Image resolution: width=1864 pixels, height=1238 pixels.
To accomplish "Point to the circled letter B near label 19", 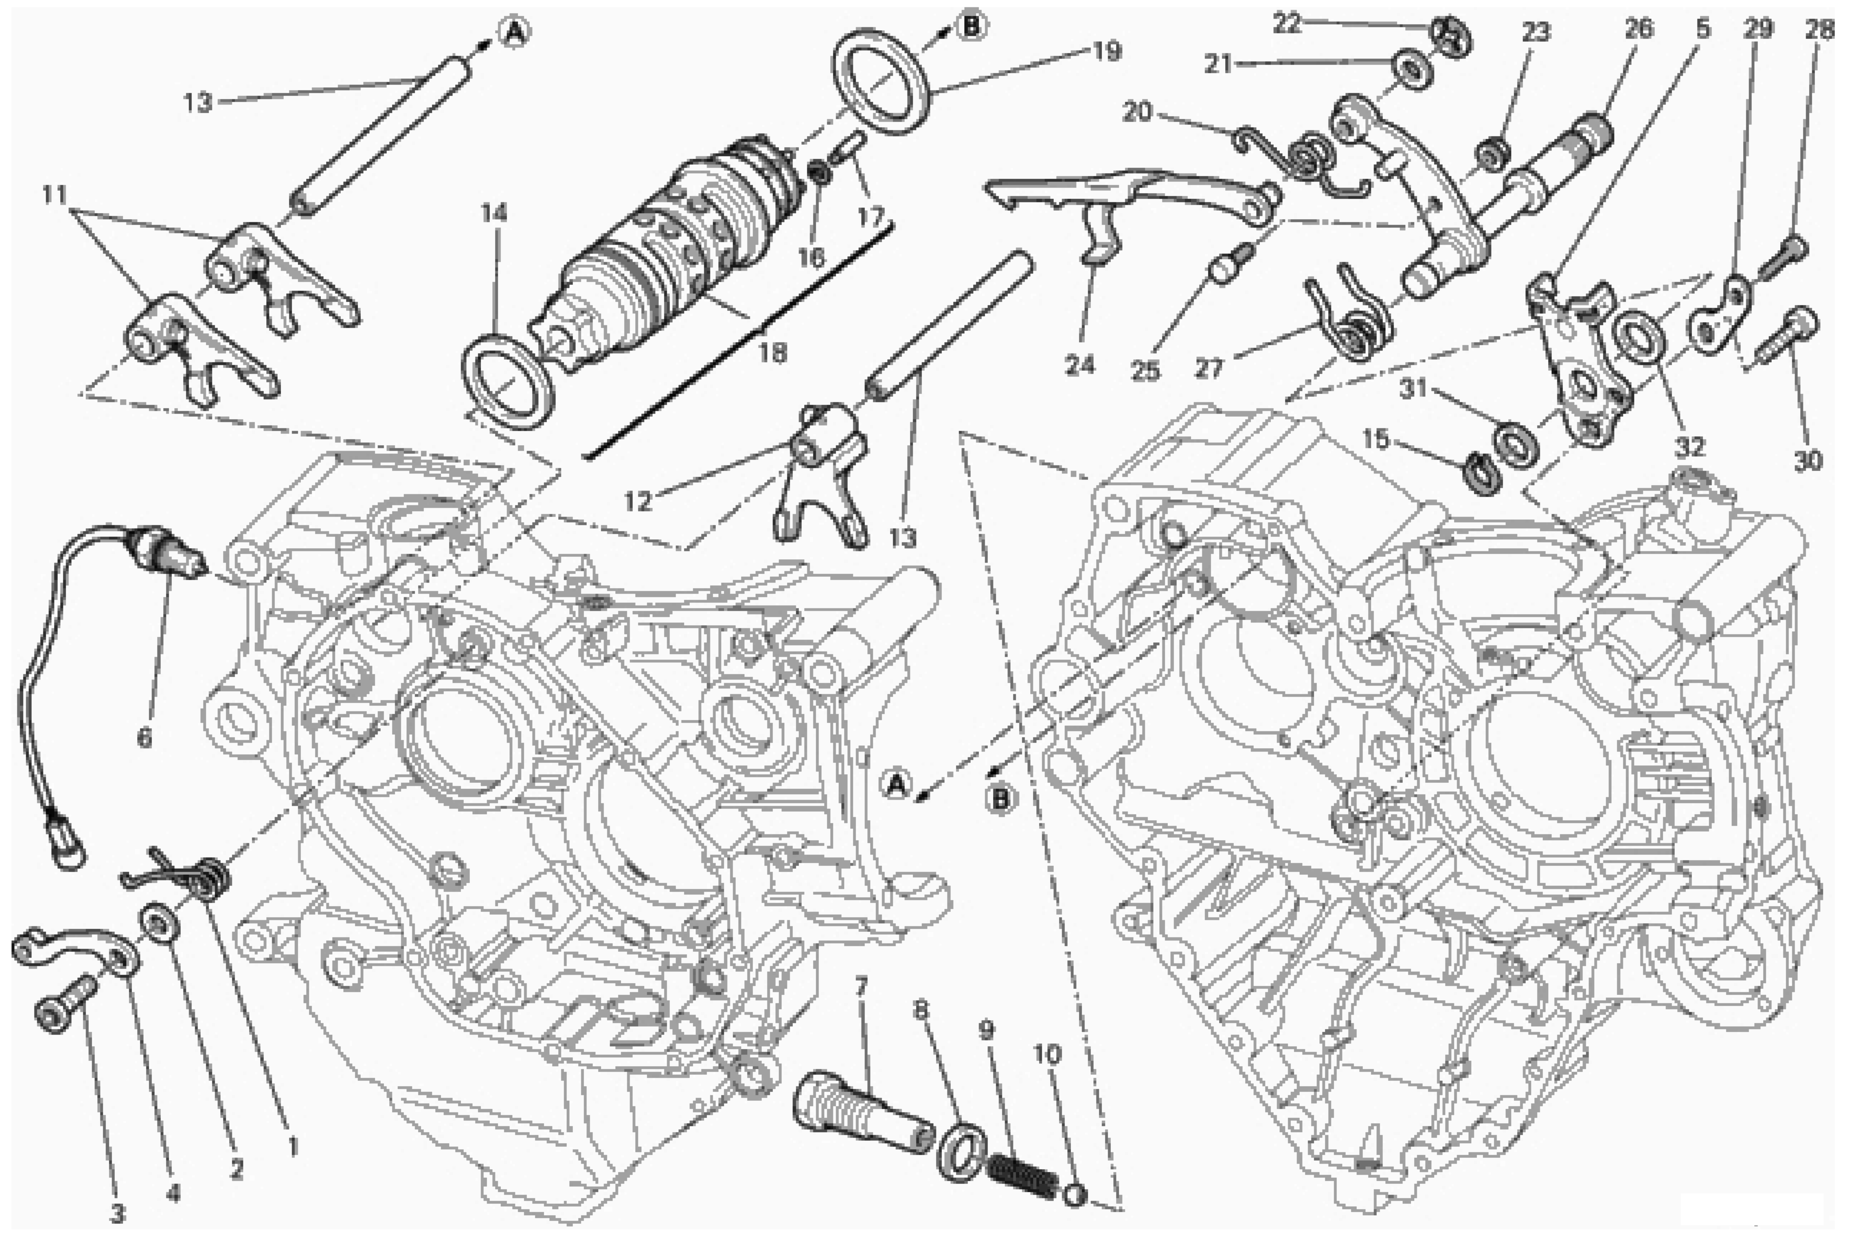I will (x=970, y=26).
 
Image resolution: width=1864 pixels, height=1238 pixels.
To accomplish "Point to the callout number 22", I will (x=1286, y=24).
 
